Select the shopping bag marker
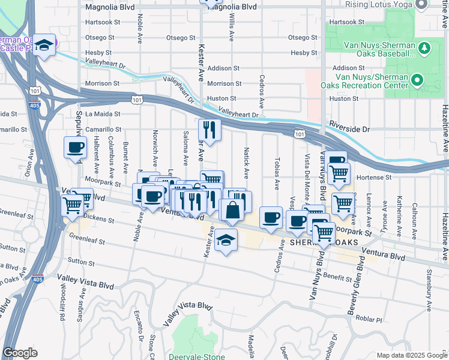point(232,210)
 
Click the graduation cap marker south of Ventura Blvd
point(226,241)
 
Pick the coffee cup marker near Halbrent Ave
point(76,148)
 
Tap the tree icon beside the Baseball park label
point(424,47)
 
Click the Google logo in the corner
point(20,353)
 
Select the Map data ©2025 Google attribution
point(411,355)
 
